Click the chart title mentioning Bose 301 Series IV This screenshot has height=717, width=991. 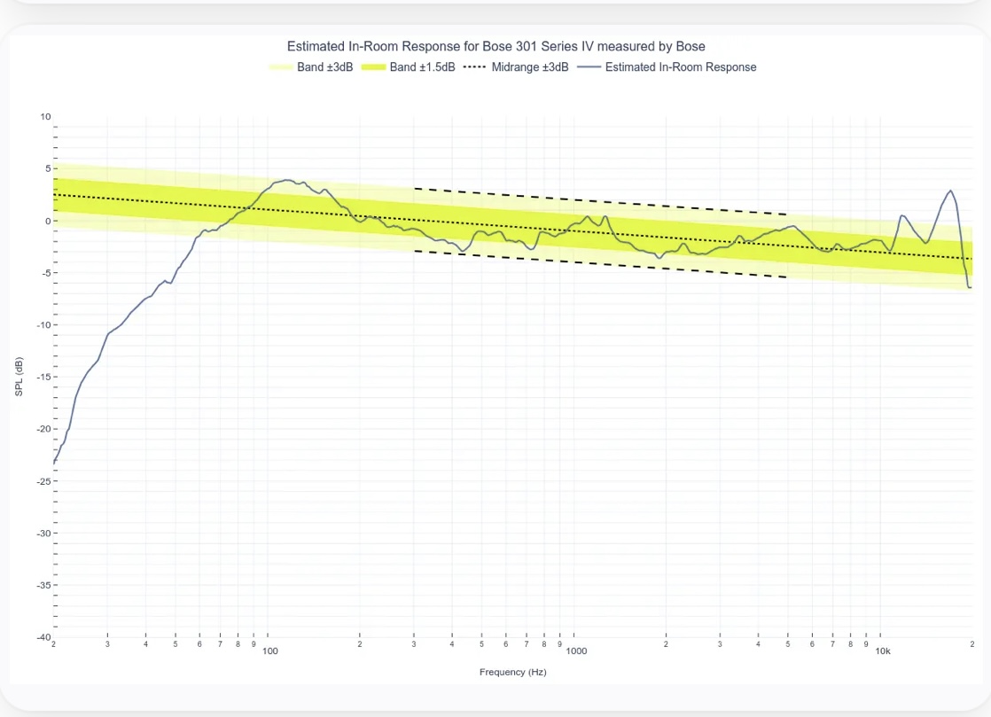(x=495, y=46)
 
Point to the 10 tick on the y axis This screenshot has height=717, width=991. (x=45, y=117)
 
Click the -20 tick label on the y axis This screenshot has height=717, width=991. (x=43, y=429)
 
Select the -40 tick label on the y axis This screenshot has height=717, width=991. (x=43, y=637)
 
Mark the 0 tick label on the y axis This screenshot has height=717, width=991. (x=48, y=221)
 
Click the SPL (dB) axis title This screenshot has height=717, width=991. (x=19, y=377)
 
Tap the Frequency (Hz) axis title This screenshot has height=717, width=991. (x=512, y=672)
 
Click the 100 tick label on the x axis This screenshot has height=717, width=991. (x=270, y=651)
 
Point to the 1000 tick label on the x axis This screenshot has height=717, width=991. (x=576, y=651)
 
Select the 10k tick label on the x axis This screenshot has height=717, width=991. (x=883, y=651)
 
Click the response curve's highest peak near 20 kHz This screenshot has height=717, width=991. (x=951, y=191)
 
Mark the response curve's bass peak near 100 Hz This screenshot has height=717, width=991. (x=285, y=180)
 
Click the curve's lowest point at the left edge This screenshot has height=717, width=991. (x=54, y=463)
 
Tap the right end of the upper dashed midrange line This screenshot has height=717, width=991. (x=787, y=214)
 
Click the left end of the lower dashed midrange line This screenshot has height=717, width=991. (x=415, y=251)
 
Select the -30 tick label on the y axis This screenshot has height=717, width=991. (x=43, y=534)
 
